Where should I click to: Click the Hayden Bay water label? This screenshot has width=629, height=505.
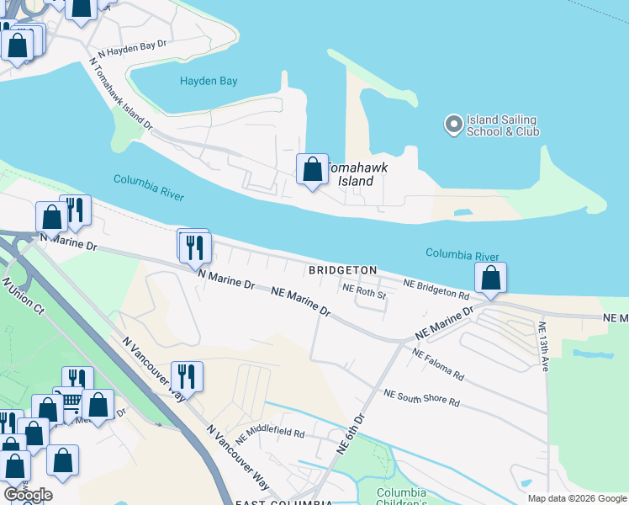coord(209,82)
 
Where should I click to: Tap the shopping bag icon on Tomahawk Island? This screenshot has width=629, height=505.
coord(312,169)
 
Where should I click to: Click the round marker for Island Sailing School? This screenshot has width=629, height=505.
coord(453,125)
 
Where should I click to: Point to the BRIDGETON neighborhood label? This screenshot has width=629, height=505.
coord(342,270)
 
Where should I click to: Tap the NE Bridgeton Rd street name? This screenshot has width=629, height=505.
coord(435,289)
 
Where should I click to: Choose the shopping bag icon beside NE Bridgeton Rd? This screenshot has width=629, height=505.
coord(490,278)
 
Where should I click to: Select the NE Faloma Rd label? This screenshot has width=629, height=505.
coord(436,364)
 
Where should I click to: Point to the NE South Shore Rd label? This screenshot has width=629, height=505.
coord(421,398)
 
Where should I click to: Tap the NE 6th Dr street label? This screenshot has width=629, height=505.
coord(351,434)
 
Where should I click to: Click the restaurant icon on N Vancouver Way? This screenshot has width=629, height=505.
coord(186,375)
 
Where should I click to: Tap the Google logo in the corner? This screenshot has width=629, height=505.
coord(28,494)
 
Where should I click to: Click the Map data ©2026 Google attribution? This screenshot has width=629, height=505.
coord(576,498)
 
